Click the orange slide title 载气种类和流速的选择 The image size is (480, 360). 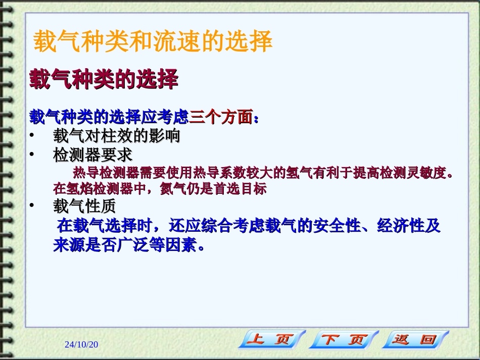pyautogui.click(x=153, y=42)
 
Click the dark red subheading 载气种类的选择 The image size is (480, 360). pyautogui.click(x=104, y=80)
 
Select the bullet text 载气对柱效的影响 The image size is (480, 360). pyautogui.click(x=116, y=136)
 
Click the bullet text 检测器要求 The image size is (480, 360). pyautogui.click(x=92, y=154)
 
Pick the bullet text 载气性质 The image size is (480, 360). pyautogui.click(x=84, y=206)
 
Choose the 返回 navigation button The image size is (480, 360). pyautogui.click(x=415, y=339)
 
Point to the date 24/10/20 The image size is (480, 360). pyautogui.click(x=81, y=344)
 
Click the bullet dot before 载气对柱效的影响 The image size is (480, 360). pyautogui.click(x=32, y=136)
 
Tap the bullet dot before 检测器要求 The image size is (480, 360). pyautogui.click(x=32, y=154)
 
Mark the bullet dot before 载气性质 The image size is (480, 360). pyautogui.click(x=32, y=206)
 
